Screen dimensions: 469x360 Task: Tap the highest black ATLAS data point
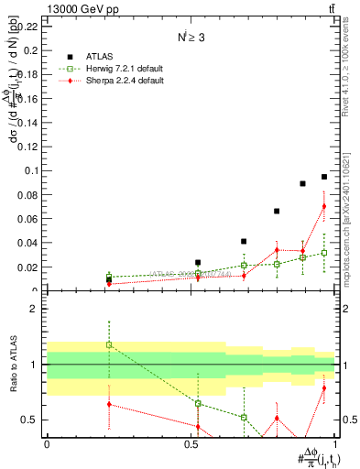pos(324,177)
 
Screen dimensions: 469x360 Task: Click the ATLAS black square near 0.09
pos(302,183)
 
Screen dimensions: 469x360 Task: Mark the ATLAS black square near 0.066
pos(277,211)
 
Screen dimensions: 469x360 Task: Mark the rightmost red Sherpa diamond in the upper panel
pos(324,206)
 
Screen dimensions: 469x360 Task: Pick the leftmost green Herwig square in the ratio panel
pos(109,344)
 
